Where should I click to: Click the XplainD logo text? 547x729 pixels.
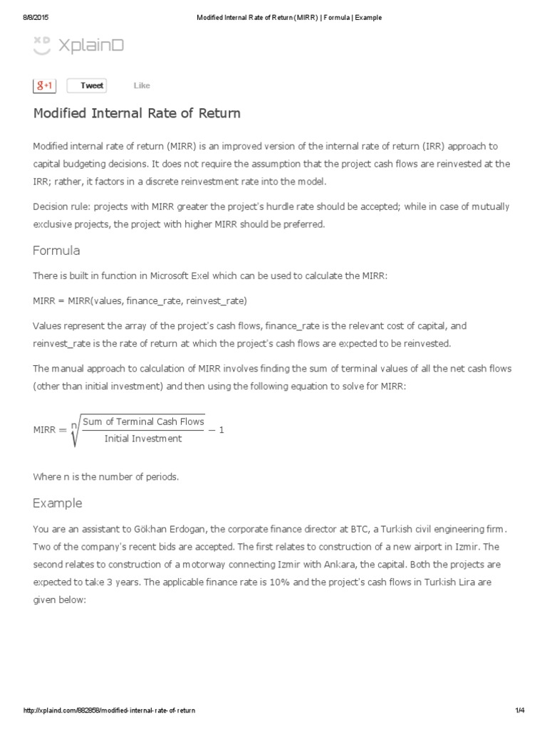coord(90,45)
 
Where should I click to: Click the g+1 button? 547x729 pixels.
coord(44,85)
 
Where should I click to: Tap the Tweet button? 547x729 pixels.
coord(87,85)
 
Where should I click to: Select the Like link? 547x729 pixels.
coord(142,85)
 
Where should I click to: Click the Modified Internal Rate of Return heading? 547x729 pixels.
coord(137,113)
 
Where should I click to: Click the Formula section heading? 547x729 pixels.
coord(56,251)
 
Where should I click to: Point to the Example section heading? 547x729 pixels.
coord(57,503)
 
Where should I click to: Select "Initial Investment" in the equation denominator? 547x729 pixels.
coord(142,439)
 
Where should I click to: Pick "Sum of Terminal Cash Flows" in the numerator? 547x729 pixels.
coord(143,421)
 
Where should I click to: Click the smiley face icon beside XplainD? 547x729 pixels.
coord(42,45)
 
